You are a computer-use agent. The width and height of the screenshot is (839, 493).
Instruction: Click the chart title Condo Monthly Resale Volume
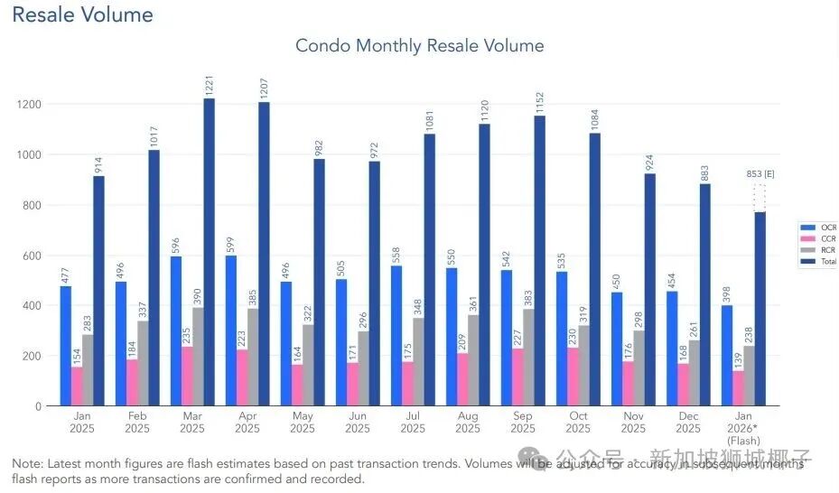click(x=420, y=45)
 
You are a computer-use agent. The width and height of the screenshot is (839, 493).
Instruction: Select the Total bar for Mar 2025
click(x=209, y=253)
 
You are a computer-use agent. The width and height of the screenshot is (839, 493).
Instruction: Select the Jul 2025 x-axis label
click(x=412, y=422)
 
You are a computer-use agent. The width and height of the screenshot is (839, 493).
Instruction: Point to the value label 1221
click(x=209, y=87)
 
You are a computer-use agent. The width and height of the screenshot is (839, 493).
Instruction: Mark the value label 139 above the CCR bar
click(x=739, y=356)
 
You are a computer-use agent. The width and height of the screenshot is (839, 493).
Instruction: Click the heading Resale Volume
click(x=82, y=15)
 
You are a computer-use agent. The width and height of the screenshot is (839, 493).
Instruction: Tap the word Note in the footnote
click(x=26, y=463)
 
